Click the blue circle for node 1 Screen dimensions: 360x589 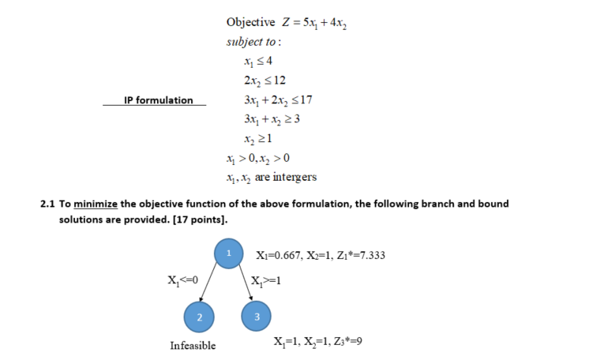point(228,253)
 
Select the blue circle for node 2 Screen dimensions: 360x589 point(198,317)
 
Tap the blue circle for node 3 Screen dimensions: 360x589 point(254,317)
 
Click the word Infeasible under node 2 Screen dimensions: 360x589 point(193,346)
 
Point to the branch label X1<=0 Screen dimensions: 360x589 point(183,279)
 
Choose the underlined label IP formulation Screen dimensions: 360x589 point(158,100)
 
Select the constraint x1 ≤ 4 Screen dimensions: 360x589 point(259,61)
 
